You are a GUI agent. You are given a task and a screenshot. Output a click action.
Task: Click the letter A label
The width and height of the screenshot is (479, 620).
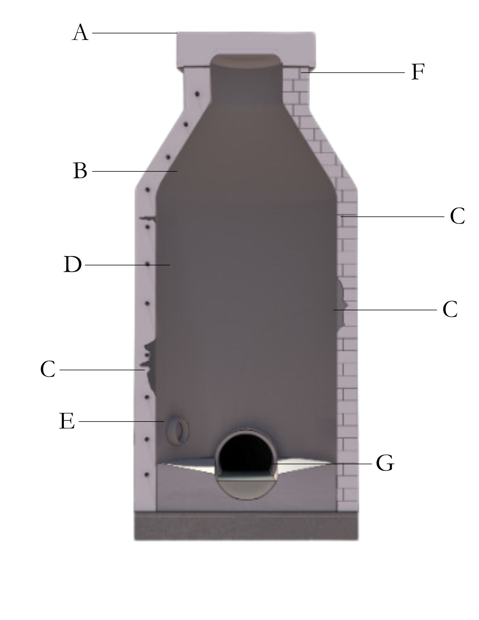(x=80, y=33)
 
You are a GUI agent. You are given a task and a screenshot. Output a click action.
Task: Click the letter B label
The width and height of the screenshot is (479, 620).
(x=80, y=171)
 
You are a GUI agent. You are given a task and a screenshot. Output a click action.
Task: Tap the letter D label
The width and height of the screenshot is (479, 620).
(x=73, y=265)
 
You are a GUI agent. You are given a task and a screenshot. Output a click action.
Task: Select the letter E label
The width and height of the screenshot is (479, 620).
(x=67, y=421)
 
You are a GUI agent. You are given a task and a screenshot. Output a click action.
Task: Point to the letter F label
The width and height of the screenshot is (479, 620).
(x=417, y=72)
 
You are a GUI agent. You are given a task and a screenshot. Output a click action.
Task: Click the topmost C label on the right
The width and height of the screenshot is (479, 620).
(x=457, y=216)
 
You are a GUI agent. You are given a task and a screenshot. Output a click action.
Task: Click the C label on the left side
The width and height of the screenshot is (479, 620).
(x=48, y=370)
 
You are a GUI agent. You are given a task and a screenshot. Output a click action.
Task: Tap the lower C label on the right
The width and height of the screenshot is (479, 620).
(x=450, y=309)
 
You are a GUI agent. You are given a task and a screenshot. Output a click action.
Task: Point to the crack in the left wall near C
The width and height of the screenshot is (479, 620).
(x=148, y=360)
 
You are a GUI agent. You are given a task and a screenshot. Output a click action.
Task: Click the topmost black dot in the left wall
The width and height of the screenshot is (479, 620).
(x=197, y=93)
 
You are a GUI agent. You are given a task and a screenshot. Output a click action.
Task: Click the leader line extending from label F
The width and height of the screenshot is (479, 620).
(x=353, y=72)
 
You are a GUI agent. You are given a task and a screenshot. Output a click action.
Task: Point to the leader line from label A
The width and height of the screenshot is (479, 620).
(x=133, y=33)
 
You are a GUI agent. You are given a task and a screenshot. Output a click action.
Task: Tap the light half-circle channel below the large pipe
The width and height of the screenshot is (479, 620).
(x=246, y=490)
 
